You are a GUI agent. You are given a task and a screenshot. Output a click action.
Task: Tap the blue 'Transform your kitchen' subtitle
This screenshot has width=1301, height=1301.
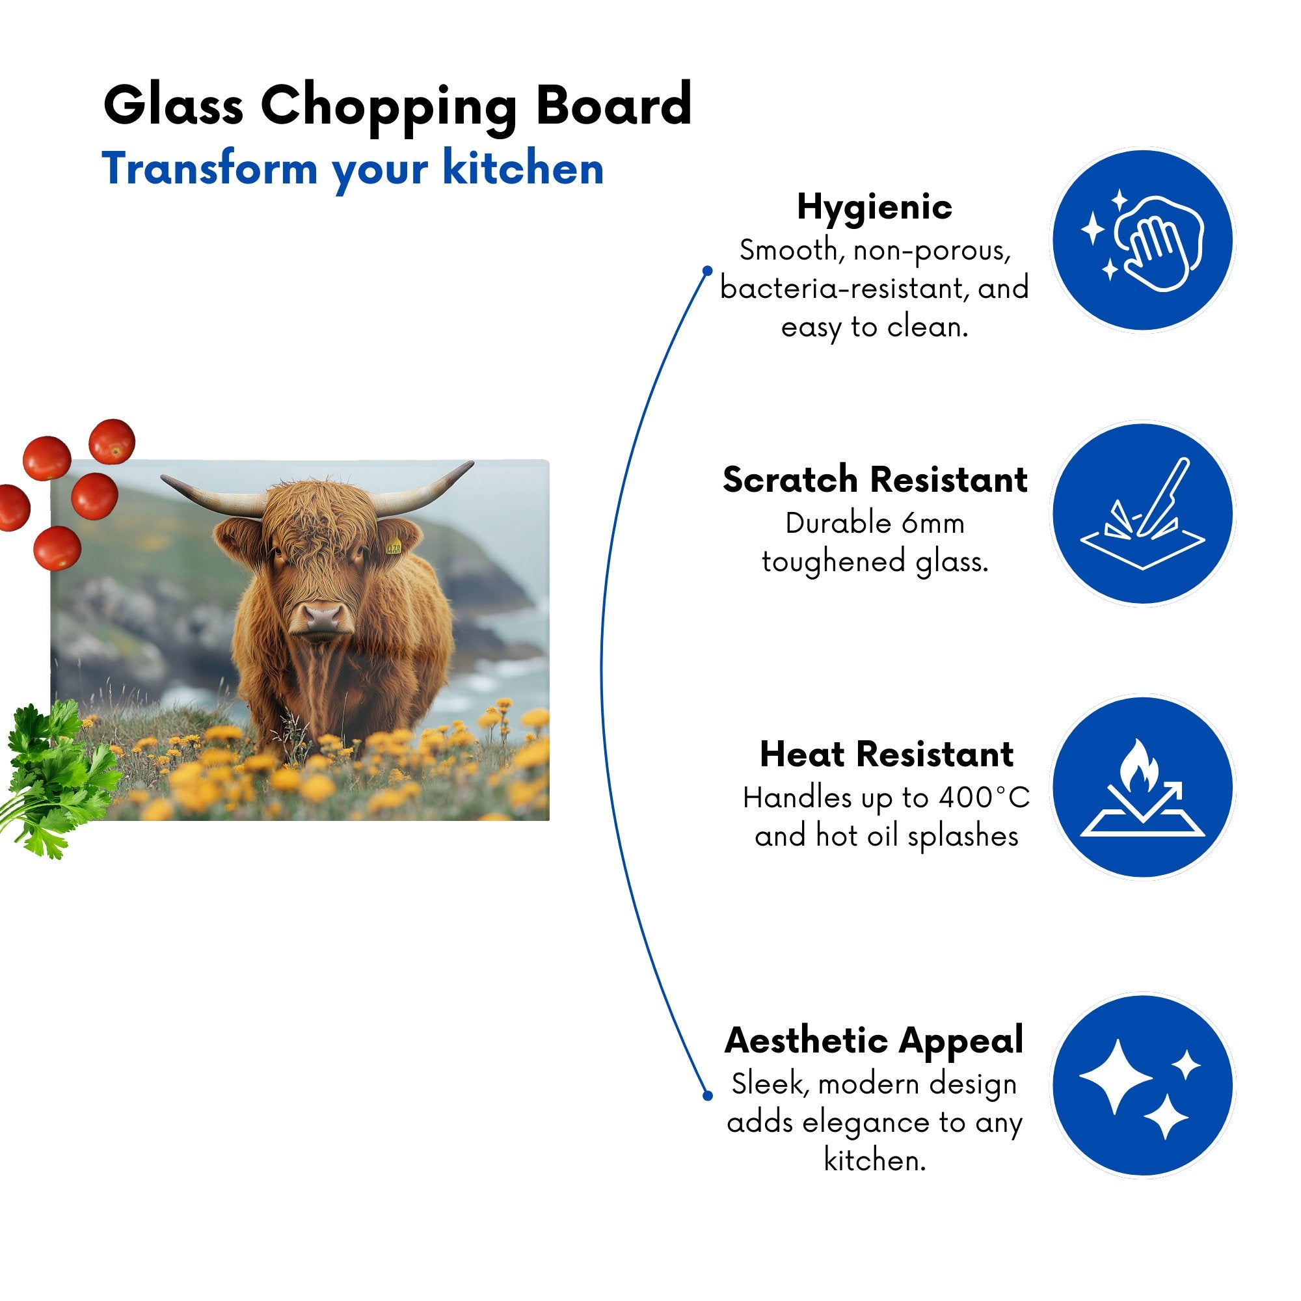pos(352,170)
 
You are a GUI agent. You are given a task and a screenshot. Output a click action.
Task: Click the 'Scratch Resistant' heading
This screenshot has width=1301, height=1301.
pos(875,480)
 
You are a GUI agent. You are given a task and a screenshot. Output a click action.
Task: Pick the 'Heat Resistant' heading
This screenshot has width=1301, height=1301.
pos(886,754)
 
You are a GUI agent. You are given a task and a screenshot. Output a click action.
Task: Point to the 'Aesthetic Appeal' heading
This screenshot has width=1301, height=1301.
pos(874,1041)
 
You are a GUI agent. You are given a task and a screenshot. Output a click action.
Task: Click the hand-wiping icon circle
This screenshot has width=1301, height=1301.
pos(1143,241)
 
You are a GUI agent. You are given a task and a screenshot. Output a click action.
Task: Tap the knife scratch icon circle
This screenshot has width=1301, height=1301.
pos(1143,514)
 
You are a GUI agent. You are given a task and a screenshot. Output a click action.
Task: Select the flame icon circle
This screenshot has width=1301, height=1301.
pos(1143,787)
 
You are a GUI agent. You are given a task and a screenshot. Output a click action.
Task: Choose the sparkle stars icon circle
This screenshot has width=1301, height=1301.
pos(1143,1086)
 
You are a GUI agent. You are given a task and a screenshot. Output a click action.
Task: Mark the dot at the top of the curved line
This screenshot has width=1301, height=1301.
pos(707,271)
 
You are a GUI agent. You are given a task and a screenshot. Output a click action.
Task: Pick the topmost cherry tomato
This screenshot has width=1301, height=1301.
pos(112,441)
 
